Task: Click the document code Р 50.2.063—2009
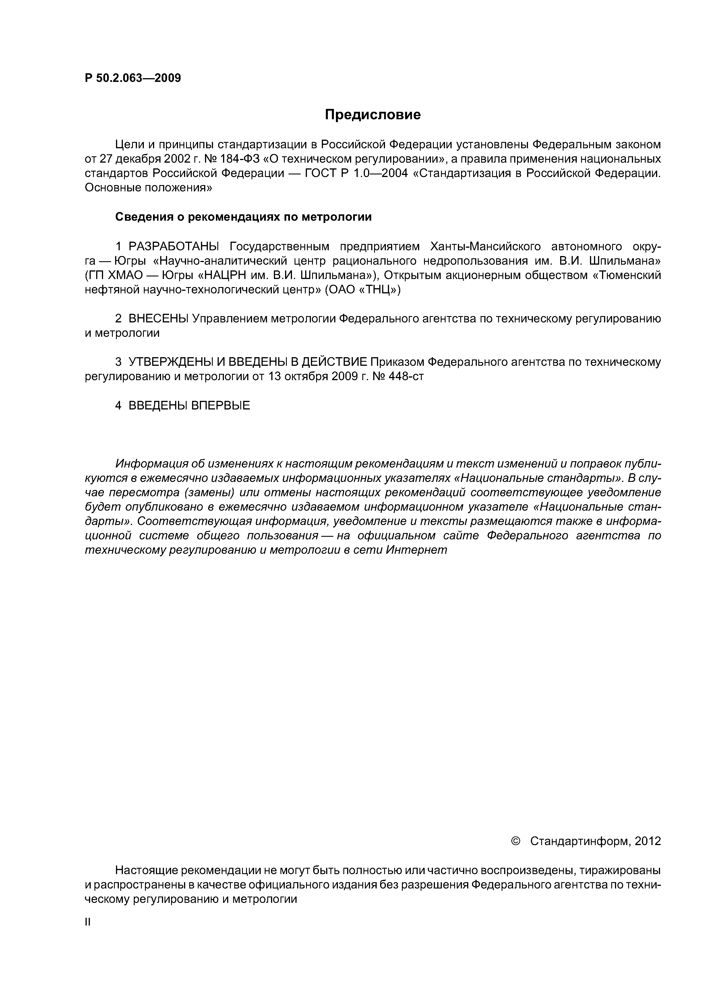[132, 78]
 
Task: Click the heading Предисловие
[372, 115]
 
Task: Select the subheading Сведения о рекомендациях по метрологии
[243, 217]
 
